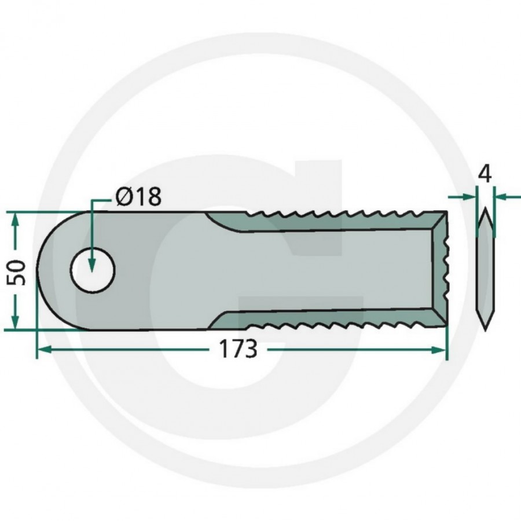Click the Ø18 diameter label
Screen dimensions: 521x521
click(138, 197)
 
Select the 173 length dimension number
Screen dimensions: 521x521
click(237, 350)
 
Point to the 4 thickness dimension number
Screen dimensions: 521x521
click(485, 174)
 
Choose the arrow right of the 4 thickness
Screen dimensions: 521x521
click(500, 197)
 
